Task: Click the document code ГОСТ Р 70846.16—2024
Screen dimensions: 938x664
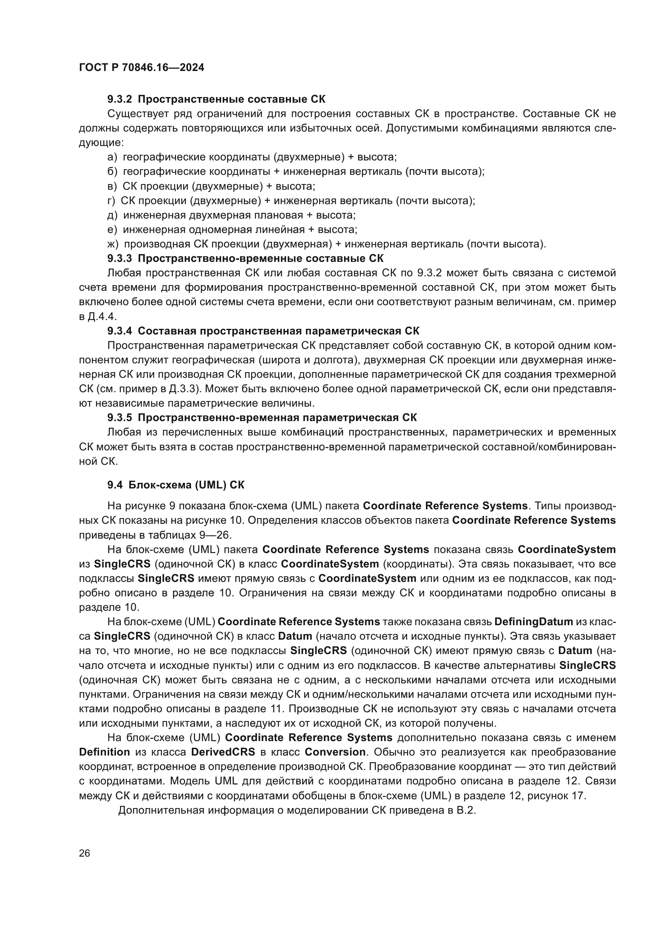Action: pos(141,68)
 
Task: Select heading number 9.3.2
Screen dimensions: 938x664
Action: pos(120,99)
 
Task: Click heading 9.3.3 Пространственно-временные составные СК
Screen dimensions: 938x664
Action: pos(245,259)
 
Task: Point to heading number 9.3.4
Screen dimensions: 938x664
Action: pos(120,331)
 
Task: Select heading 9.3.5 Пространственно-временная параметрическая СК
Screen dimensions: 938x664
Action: pos(262,418)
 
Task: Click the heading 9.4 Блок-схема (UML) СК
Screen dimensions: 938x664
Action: pos(176,485)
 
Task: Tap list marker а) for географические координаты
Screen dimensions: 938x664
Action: pos(112,157)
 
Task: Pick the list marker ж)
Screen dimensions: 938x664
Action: pos(113,244)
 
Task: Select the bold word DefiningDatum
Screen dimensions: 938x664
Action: pos(534,622)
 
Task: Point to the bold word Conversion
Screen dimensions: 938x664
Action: pos(335,752)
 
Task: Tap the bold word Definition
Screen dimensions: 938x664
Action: pos(104,752)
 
